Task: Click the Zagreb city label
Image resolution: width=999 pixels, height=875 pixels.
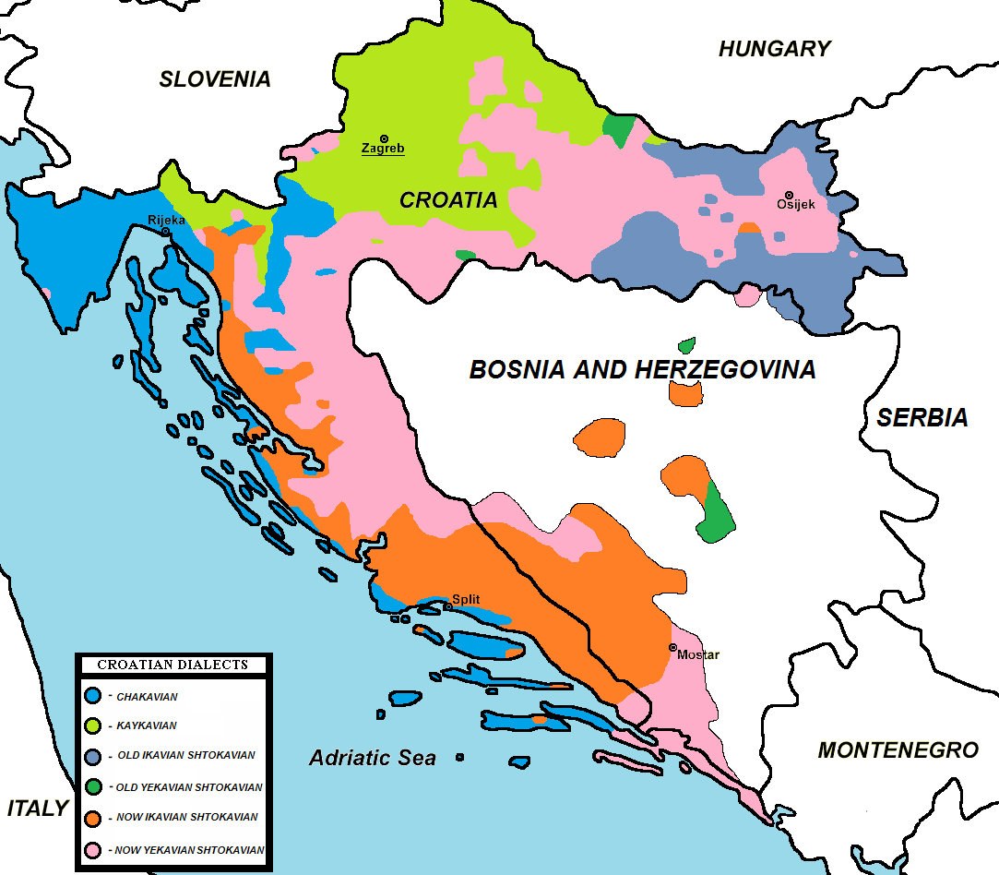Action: coord(383,149)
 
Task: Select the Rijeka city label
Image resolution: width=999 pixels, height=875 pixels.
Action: coord(166,220)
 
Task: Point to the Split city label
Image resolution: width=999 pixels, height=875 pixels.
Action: coord(466,599)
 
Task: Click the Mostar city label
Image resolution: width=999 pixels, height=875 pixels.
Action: coord(697,654)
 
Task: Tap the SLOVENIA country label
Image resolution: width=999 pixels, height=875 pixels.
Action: coord(215,79)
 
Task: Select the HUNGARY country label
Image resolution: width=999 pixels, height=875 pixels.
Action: coord(774,49)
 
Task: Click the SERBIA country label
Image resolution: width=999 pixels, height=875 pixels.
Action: coord(922,418)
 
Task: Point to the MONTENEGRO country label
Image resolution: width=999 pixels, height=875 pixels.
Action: coord(898,749)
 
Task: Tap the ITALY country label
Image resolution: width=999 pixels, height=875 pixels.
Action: coord(38,809)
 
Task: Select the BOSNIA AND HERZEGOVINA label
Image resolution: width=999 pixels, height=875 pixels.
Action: coord(642,370)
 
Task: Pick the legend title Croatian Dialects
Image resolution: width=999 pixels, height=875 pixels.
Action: coord(172,665)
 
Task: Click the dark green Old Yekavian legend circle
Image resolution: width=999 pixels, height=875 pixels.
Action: coord(92,787)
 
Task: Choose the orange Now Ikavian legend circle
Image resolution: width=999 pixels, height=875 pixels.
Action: coord(92,818)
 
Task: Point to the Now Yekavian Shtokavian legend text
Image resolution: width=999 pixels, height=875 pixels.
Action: coord(190,849)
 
